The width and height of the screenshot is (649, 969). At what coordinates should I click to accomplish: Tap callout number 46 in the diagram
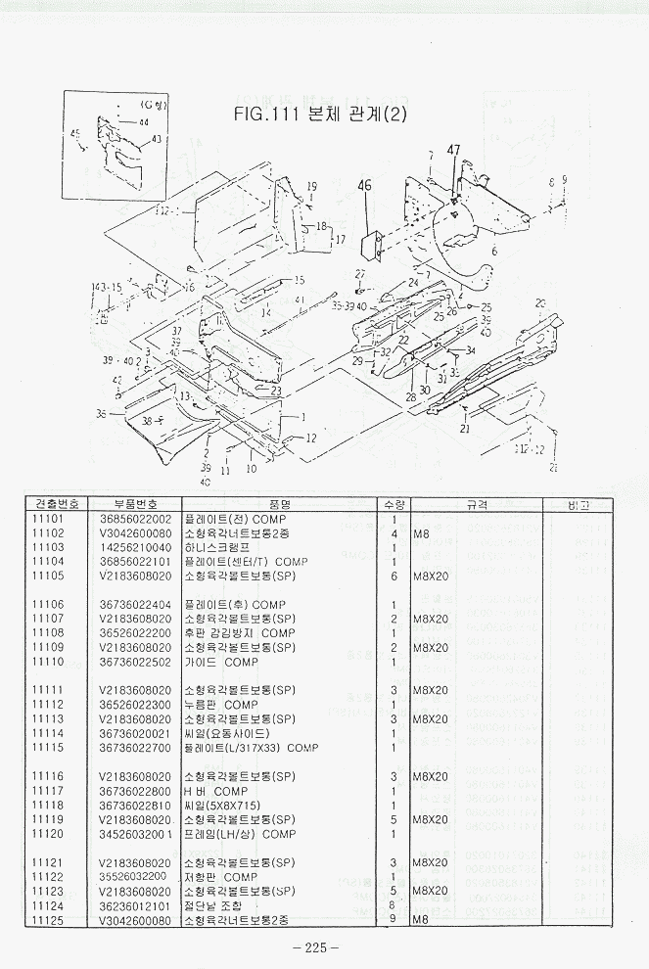pyautogui.click(x=365, y=185)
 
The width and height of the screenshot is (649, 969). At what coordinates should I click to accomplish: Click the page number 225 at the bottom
pyautogui.click(x=315, y=946)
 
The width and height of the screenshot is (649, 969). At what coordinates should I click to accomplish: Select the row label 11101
pyautogui.click(x=48, y=519)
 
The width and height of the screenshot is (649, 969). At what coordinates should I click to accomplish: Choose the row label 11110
pyautogui.click(x=48, y=662)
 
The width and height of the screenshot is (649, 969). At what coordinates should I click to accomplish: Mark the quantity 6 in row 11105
pyautogui.click(x=393, y=576)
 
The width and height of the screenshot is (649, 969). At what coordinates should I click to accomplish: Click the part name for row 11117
pyautogui.click(x=216, y=791)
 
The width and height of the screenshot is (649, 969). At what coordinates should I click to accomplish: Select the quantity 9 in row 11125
pyautogui.click(x=393, y=920)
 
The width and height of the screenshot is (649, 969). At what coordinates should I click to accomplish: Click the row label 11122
pyautogui.click(x=48, y=877)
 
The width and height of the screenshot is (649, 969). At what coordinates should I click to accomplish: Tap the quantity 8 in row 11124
pyautogui.click(x=393, y=905)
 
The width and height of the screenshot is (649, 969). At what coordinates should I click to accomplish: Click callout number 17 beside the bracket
pyautogui.click(x=341, y=239)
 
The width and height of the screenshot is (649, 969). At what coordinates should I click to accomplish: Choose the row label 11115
pyautogui.click(x=48, y=748)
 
